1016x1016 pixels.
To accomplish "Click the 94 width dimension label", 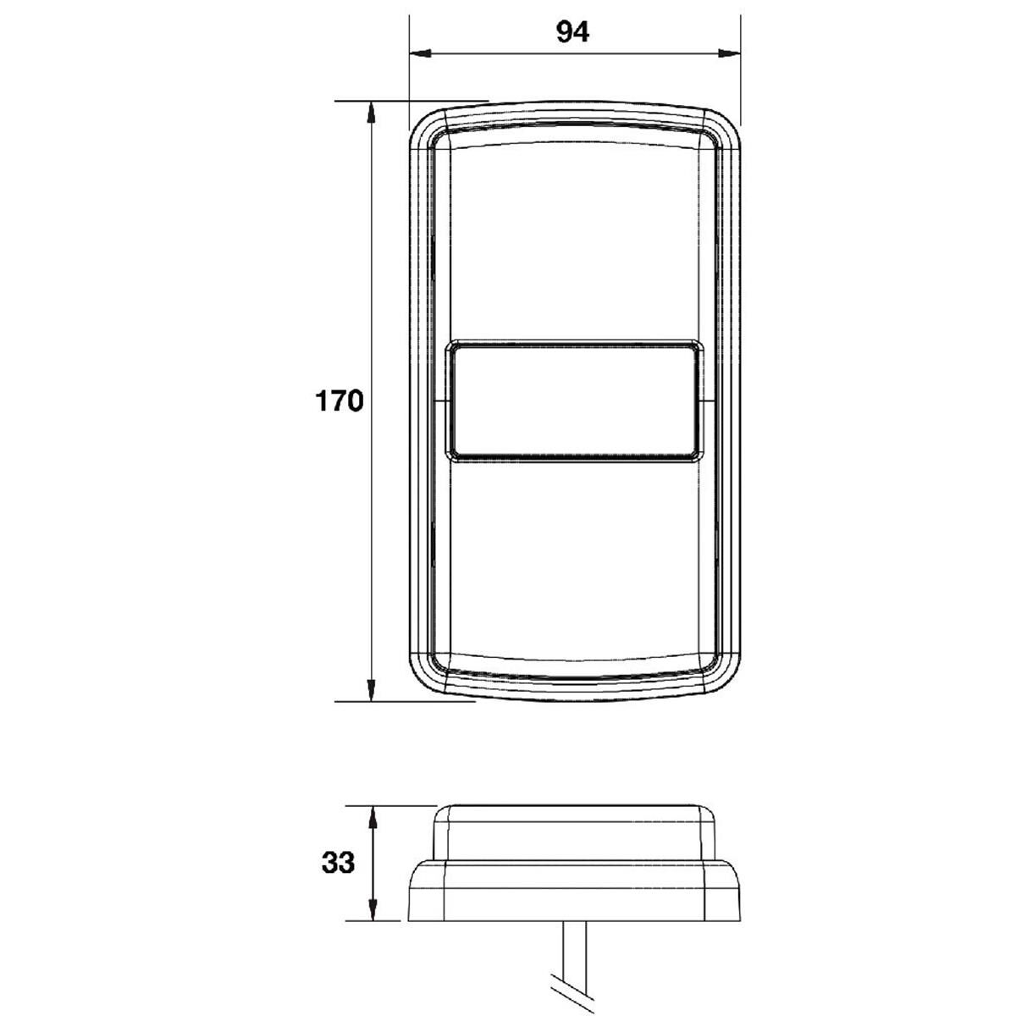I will coord(572,31).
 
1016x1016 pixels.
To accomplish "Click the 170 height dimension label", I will coord(340,400).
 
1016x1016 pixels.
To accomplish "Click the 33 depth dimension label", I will coord(338,864).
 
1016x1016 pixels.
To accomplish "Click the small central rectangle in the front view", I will coord(574,401).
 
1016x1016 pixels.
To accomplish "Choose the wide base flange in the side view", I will coord(574,893).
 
